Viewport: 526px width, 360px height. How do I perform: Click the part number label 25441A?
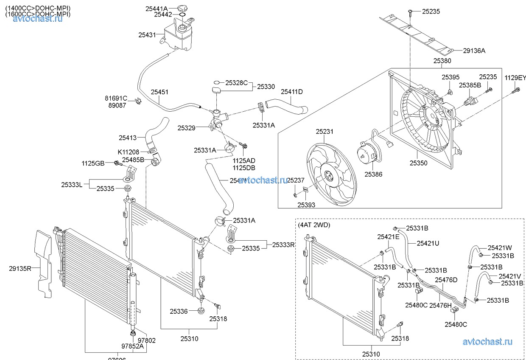[157, 8]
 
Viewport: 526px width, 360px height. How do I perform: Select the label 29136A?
[474, 51]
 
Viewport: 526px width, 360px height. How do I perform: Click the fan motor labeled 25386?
[365, 153]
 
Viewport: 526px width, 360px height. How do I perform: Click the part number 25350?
[418, 163]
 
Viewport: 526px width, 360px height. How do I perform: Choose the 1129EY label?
[515, 78]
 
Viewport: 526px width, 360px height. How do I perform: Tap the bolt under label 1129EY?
[516, 90]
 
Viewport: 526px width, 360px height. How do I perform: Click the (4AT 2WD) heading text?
[314, 225]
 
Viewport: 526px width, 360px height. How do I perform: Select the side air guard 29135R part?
[45, 265]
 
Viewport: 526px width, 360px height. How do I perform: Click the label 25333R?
[283, 245]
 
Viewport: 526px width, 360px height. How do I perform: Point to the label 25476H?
[440, 305]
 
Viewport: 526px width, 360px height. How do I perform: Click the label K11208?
[128, 152]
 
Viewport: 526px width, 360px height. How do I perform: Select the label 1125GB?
[93, 163]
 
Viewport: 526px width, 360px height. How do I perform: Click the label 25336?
[179, 311]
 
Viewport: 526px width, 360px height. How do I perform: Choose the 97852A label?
[132, 346]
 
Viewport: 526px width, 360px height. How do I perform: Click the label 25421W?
[499, 248]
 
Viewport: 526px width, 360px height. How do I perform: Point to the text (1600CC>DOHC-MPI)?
[38, 14]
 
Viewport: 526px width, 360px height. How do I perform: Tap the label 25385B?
[470, 85]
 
